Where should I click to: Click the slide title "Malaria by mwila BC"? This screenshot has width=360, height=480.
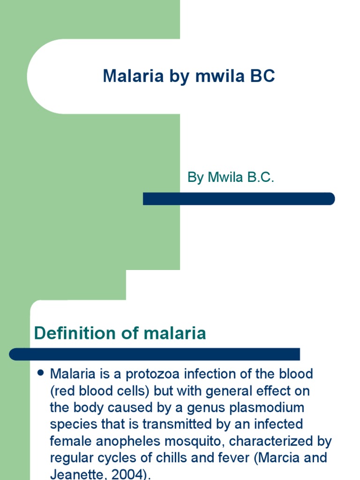[x=188, y=76]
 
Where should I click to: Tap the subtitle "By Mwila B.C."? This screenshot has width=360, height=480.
[x=231, y=178]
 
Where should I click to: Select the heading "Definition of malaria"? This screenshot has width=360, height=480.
[x=120, y=333]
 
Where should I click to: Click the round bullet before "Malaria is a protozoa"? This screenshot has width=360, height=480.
[x=40, y=373]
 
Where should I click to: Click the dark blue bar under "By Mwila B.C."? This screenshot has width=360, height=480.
[x=239, y=199]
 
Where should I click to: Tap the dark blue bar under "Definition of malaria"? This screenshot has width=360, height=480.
[x=155, y=354]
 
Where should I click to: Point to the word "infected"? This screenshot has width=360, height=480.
[x=276, y=424]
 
